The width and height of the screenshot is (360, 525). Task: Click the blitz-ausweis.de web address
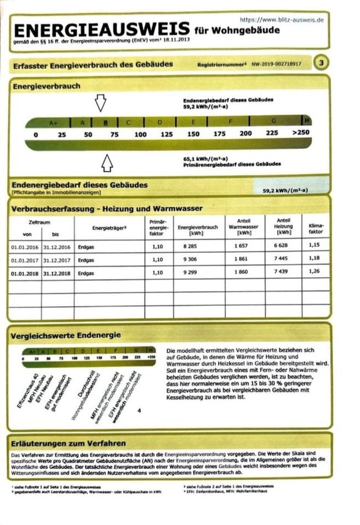pyautogui.click(x=282, y=20)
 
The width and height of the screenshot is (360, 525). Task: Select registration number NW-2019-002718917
pyautogui.click(x=277, y=64)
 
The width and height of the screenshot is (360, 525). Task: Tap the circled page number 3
pyautogui.click(x=322, y=63)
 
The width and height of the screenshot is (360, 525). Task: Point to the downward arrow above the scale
pyautogui.click(x=100, y=102)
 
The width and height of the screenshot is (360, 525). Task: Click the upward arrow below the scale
pyautogui.click(x=107, y=162)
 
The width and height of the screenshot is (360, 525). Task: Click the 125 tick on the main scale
pyautogui.click(x=167, y=134)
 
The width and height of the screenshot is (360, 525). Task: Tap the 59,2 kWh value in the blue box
pyautogui.click(x=285, y=190)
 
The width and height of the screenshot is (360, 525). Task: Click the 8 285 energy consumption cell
pyautogui.click(x=187, y=247)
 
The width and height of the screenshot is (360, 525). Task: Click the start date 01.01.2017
pyautogui.click(x=24, y=260)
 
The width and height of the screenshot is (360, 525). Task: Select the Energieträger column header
pyautogui.click(x=106, y=226)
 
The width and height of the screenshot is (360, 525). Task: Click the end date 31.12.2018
pyautogui.click(x=57, y=272)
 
